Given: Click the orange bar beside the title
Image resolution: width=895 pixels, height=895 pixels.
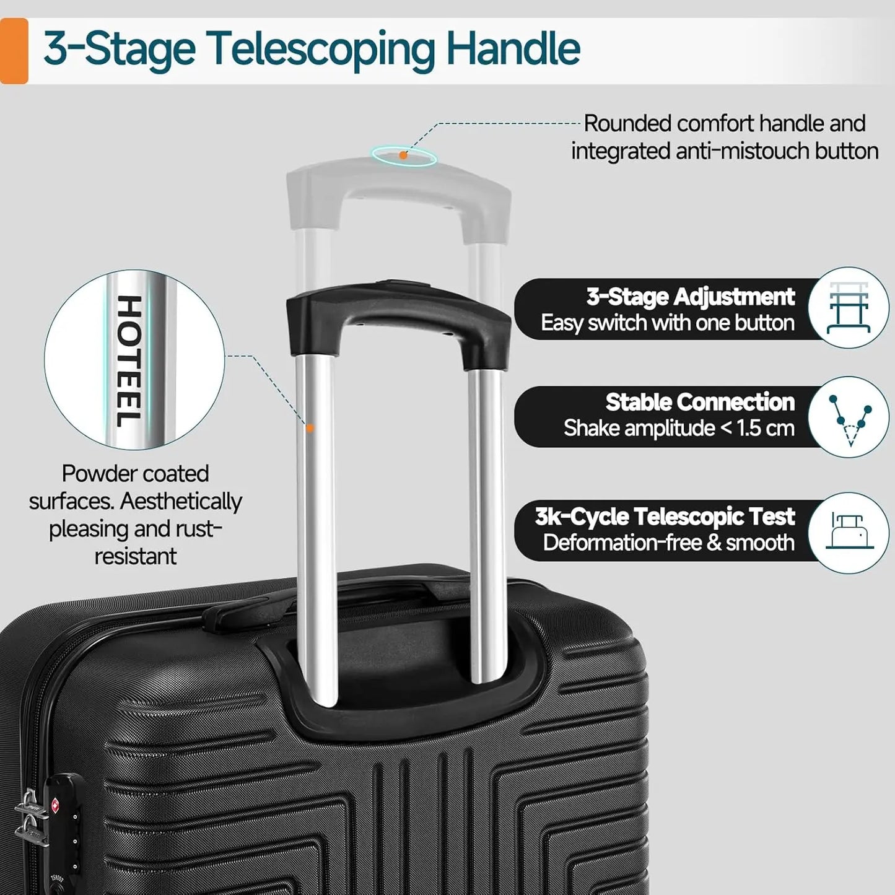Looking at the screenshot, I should (x=14, y=51).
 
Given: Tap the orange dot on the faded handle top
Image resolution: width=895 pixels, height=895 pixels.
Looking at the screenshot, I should (x=403, y=155).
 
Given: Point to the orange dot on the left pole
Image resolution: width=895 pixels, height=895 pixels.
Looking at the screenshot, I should (x=310, y=428).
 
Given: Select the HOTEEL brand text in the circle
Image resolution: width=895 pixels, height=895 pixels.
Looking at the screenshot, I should (x=129, y=360).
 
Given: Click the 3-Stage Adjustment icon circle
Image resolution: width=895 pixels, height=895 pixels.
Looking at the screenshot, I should (x=849, y=308).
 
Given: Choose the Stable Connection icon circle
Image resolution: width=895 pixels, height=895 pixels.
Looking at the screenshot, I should (x=849, y=417).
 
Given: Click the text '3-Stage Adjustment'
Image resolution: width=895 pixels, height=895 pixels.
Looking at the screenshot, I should (x=690, y=297).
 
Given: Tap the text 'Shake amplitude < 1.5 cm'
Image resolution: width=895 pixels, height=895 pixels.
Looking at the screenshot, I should (x=678, y=428).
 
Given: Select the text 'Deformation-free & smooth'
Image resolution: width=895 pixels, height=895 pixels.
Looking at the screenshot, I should (x=668, y=543).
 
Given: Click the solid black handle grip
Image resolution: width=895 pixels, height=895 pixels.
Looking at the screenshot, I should (x=398, y=310).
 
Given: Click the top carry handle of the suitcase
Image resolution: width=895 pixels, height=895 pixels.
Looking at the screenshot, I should (x=248, y=610).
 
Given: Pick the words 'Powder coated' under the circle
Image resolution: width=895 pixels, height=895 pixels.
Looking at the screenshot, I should (x=135, y=474).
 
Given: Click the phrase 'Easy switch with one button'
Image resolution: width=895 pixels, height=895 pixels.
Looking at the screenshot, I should (x=667, y=323).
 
